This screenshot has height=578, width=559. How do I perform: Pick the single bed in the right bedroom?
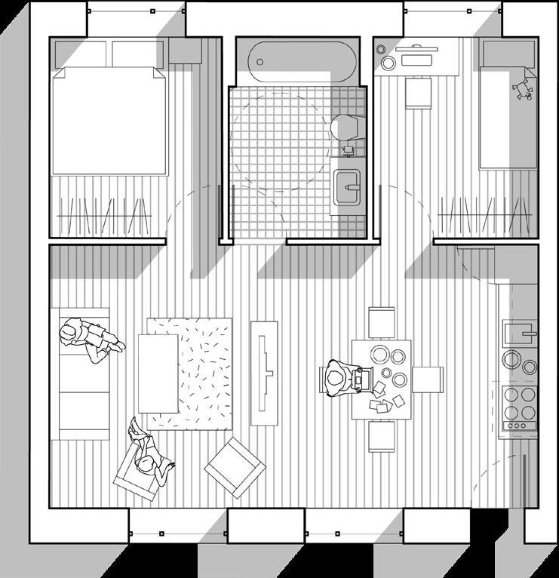[x=508, y=113]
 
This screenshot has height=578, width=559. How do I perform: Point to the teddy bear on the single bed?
[x=521, y=88]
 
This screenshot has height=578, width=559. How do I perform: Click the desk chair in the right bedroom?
[x=417, y=94]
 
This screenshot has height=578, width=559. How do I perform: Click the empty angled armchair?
[x=235, y=468]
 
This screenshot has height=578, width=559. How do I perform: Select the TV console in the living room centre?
[x=264, y=373]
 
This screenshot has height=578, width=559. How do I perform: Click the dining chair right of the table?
[x=428, y=380]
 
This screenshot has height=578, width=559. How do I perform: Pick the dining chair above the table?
[x=382, y=322]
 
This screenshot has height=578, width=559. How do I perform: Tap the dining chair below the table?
[x=382, y=436]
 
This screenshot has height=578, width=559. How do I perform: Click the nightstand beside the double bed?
[x=184, y=51]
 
